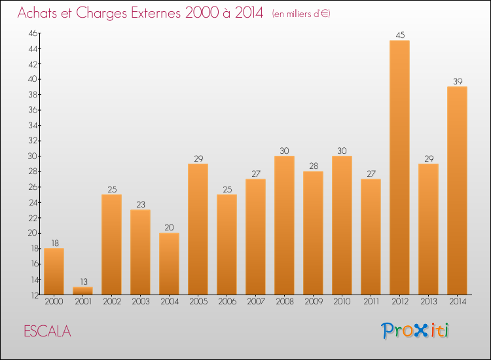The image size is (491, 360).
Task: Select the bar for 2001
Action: [82, 291]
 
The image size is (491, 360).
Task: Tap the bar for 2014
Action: [457, 190]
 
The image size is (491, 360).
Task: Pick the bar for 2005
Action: [198, 229]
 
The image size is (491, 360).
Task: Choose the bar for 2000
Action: [54, 272]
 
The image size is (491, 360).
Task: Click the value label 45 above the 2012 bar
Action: [399, 35]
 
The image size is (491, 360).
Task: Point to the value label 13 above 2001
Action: [82, 281]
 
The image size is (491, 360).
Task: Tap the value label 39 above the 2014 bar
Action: [457, 81]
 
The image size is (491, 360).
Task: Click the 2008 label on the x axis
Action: [284, 302]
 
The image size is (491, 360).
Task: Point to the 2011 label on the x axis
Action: [371, 302]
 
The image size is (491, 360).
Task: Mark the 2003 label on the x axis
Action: [140, 302]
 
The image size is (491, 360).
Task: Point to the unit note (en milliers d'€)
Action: [301, 14]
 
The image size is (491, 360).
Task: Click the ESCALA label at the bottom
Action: [47, 331]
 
